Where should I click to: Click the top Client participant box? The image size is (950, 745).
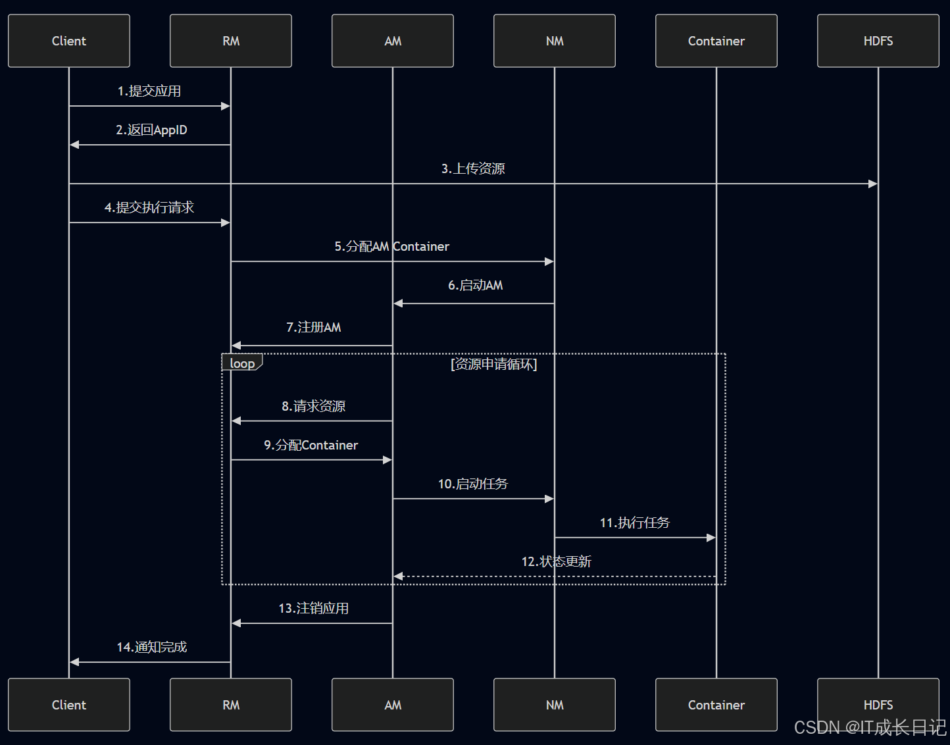coord(69,41)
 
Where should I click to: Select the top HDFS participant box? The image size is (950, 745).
coord(878,41)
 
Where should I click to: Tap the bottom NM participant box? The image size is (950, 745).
coord(555,705)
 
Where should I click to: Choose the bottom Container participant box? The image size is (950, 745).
coord(716,705)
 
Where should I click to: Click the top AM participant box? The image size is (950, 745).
coord(393,41)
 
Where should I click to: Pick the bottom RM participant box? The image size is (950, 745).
coord(231,705)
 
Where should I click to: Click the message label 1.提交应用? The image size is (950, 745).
coord(149,91)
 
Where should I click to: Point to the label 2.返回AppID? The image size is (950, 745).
coord(151,130)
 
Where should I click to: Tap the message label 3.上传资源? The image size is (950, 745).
coord(473,168)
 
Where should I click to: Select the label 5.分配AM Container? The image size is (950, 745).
coord(392,246)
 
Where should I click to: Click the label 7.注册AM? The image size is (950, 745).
coord(313,327)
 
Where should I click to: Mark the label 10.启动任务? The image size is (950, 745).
coord(473,484)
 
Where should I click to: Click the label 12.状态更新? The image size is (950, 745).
coord(556,561)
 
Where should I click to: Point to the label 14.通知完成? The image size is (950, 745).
coord(152,647)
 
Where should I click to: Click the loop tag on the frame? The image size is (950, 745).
coord(242,363)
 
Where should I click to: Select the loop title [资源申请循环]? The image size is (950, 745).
coord(494,364)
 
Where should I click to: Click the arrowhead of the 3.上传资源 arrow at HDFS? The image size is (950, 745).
coord(873,184)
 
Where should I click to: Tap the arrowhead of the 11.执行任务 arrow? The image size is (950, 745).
coord(711,538)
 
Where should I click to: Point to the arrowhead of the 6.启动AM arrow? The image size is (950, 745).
coord(398,303)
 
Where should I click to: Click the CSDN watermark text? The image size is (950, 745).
coord(870,727)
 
